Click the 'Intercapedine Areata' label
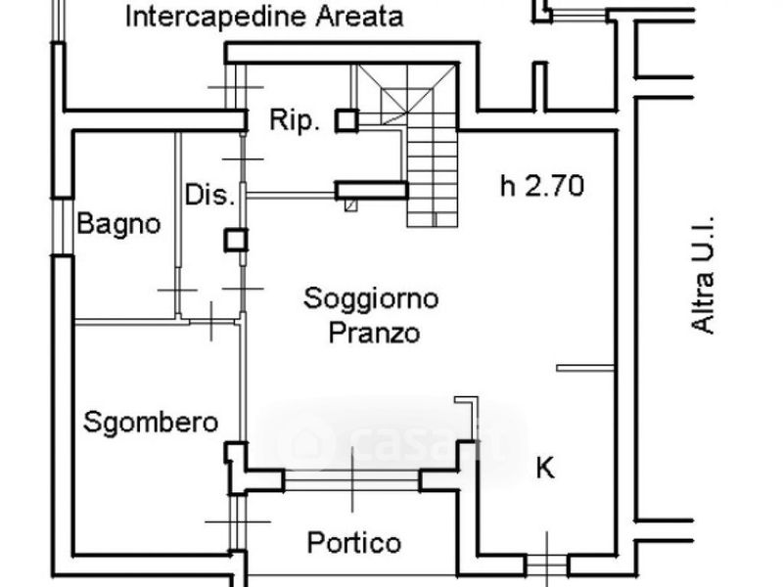click(253, 17)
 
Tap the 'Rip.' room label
click(295, 121)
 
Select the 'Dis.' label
click(210, 195)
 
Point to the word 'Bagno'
click(119, 224)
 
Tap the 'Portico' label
click(353, 542)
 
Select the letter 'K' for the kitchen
click(545, 469)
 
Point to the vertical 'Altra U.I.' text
click(703, 275)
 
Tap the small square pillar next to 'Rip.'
click(346, 120)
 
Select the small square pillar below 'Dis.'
click(236, 240)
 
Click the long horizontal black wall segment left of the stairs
click(371, 190)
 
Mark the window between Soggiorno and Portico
click(352, 481)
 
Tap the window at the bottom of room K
click(546, 565)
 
